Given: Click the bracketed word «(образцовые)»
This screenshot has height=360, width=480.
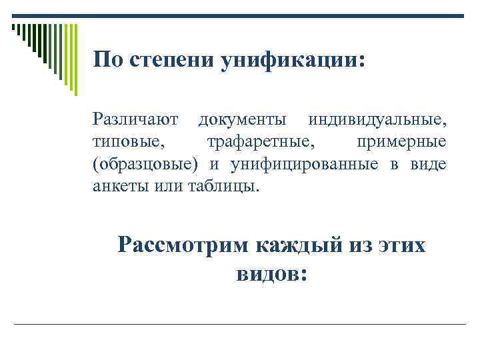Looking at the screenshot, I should coord(146,164).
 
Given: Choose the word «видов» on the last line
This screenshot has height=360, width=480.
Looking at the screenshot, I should coord(267,274).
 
